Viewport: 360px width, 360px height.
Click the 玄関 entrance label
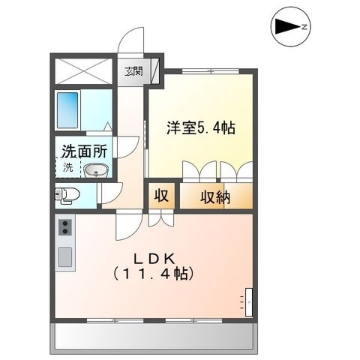(x=134, y=71)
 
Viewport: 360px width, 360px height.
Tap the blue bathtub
(x=67, y=109)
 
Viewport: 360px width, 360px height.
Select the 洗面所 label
(x=85, y=151)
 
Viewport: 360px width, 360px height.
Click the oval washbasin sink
(x=95, y=170)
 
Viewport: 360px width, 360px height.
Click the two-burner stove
(x=65, y=227)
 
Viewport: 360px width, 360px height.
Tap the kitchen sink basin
(x=65, y=256)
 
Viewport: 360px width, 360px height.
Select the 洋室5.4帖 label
(x=201, y=127)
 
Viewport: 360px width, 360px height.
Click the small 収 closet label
(x=161, y=196)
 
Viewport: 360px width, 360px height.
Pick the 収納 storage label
(x=215, y=196)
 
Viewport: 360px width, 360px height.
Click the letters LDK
(x=154, y=259)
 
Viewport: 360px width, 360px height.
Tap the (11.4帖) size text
(x=154, y=273)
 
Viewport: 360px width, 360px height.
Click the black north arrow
(x=288, y=27)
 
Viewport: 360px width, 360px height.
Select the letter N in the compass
(x=304, y=27)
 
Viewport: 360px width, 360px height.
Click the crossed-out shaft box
(x=83, y=71)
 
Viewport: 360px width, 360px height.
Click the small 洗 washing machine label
(x=67, y=167)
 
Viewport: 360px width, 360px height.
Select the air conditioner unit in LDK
(x=249, y=302)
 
